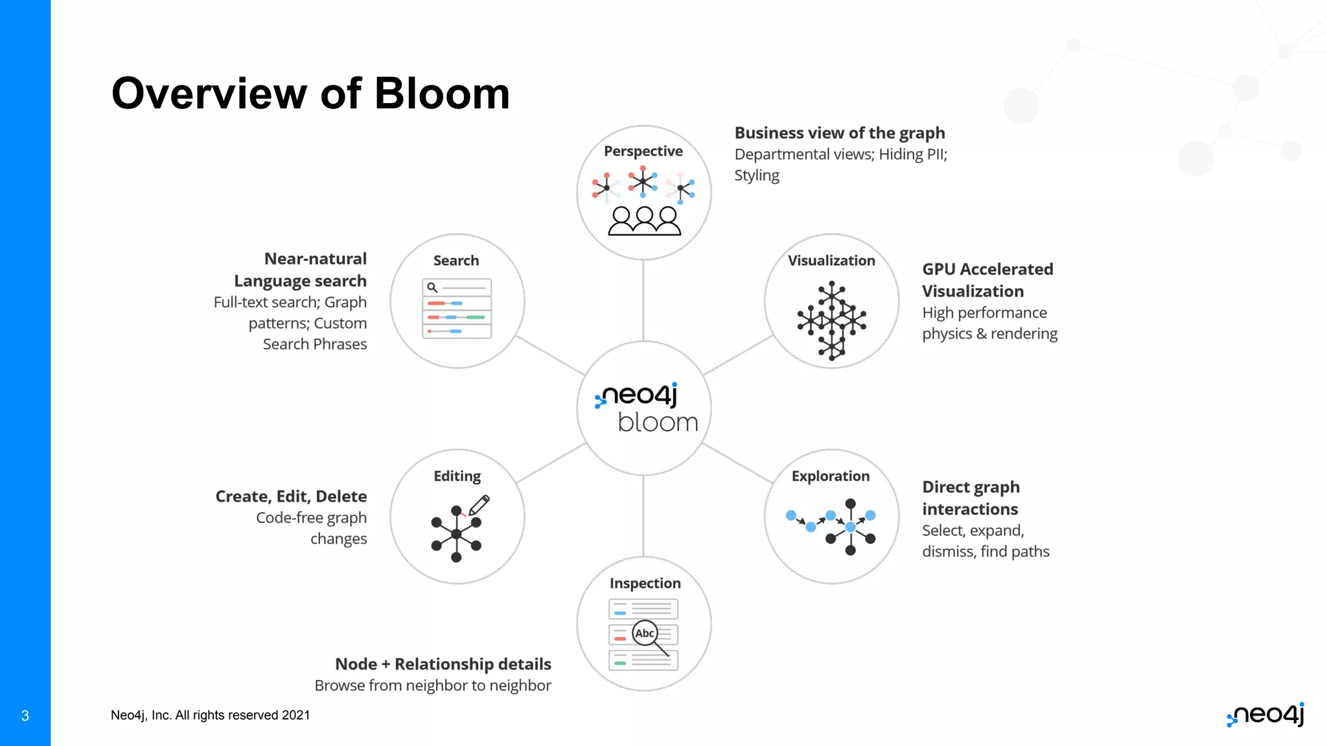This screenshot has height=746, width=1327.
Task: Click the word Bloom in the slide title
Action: pos(442,94)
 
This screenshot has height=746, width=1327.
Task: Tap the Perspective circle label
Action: pos(643,152)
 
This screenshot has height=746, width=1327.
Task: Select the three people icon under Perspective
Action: pos(644,221)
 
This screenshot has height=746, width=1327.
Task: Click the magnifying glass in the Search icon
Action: pos(432,288)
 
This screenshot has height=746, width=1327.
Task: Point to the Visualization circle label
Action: pos(831,261)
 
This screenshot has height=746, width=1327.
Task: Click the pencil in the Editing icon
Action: pos(479,504)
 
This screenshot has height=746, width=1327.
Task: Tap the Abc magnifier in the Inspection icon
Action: pos(645,633)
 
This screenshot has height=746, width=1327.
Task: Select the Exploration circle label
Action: pos(830,477)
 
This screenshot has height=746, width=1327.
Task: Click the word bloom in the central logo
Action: pos(658,423)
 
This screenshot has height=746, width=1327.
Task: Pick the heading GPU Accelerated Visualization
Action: pos(987,280)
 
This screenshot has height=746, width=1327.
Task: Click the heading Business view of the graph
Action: pos(839,133)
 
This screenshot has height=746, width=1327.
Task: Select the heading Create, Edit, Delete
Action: pos(291,497)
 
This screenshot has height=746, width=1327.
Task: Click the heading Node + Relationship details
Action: pos(443,664)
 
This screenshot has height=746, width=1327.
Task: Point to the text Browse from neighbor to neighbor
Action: pos(432,686)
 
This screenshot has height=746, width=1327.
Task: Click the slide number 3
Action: pos(25,716)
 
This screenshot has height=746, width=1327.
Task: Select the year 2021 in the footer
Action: pos(295,716)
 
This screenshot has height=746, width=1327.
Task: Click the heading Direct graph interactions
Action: pos(970,498)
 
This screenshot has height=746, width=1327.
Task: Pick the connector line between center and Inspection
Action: pos(643,515)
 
